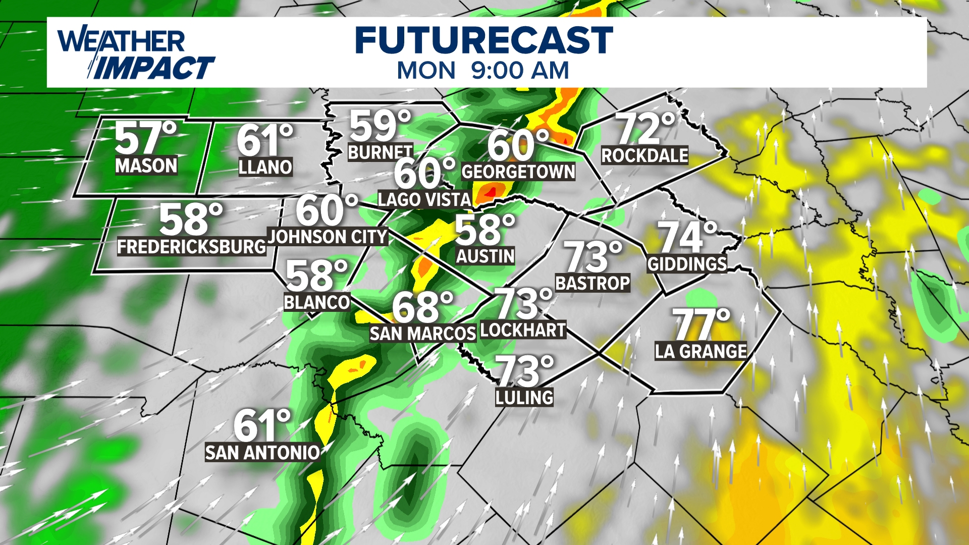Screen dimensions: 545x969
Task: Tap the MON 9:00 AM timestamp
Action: (483, 71)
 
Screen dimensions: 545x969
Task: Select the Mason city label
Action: (146, 166)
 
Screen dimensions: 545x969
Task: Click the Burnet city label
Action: (381, 152)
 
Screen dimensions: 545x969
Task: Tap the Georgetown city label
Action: (518, 172)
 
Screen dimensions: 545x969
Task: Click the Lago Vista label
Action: (424, 200)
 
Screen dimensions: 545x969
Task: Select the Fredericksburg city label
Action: (191, 247)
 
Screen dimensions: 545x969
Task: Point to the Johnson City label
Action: (328, 237)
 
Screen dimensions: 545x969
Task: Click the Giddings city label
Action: (687, 264)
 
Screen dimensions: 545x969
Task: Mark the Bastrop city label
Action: (593, 283)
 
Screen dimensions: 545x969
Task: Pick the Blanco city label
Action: (317, 302)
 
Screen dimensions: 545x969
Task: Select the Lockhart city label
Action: (523, 330)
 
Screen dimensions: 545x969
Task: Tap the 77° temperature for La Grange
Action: (701, 324)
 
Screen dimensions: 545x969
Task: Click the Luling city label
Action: (524, 398)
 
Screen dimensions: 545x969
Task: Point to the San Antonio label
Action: (262, 453)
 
